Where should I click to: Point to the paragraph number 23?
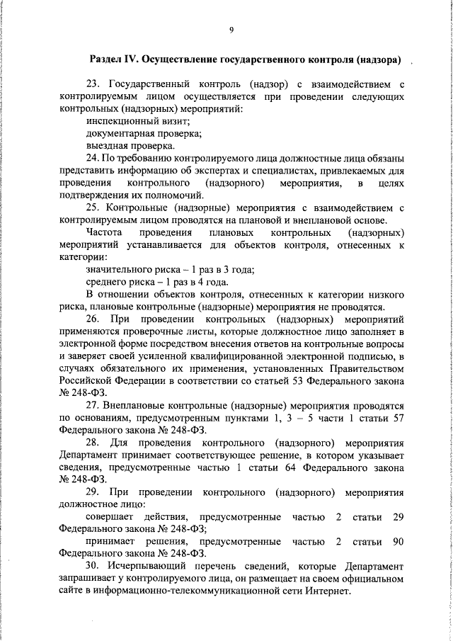[93, 86]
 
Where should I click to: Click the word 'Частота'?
[104, 232]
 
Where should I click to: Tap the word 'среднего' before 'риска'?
[106, 281]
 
